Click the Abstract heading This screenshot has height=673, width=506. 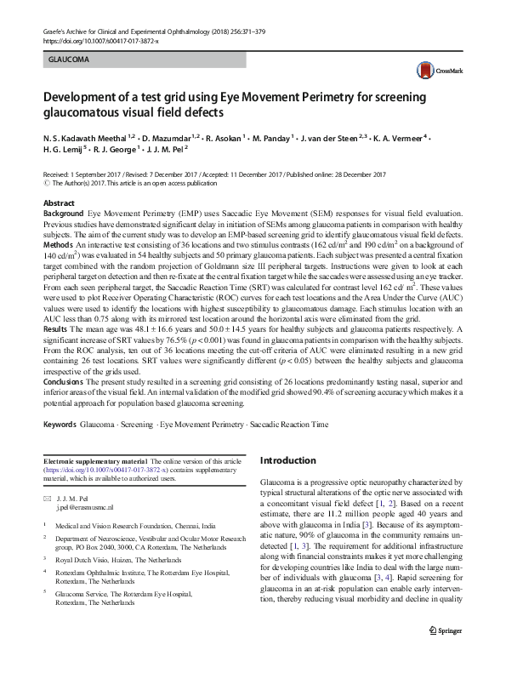(x=59, y=203)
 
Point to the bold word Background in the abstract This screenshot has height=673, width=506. (x=64, y=213)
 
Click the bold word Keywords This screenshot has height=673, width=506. (x=61, y=423)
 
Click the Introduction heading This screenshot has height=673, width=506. (x=287, y=461)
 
